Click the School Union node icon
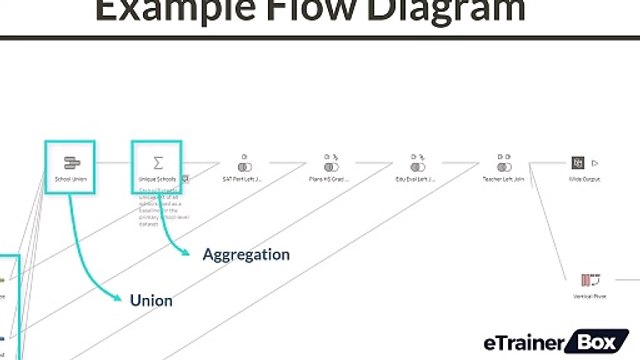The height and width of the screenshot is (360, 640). [x=71, y=162]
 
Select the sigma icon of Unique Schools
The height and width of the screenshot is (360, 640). [x=158, y=162]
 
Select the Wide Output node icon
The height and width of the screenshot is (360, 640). [x=577, y=163]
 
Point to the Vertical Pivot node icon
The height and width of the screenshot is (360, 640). [x=589, y=279]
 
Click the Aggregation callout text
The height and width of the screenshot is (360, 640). [x=246, y=255]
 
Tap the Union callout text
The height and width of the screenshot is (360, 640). [x=151, y=300]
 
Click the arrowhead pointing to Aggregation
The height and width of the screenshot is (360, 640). [x=186, y=254]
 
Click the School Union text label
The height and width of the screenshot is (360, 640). [x=71, y=180]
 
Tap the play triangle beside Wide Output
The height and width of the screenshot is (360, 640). [x=594, y=162]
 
